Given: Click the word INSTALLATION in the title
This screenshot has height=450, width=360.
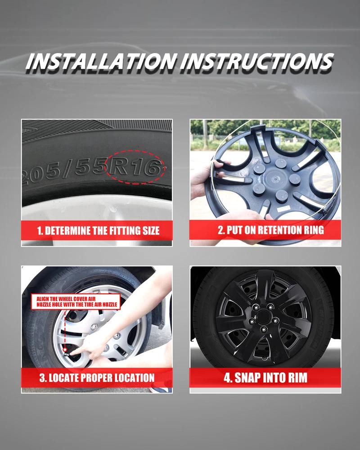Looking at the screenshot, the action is (101, 61).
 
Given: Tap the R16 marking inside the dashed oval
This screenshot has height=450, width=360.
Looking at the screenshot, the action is (135, 167).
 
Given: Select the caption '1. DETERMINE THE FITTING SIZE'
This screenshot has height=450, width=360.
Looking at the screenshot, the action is (98, 231).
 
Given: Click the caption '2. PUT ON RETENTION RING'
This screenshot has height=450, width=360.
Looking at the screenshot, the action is (271, 230).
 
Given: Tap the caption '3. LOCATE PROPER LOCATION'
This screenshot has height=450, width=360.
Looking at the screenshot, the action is (97, 378).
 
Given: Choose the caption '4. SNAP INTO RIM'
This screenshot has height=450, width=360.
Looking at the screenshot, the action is (265, 378).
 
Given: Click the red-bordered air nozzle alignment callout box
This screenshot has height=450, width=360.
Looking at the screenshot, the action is (76, 301).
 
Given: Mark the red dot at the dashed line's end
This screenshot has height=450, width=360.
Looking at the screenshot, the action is (65, 350).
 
